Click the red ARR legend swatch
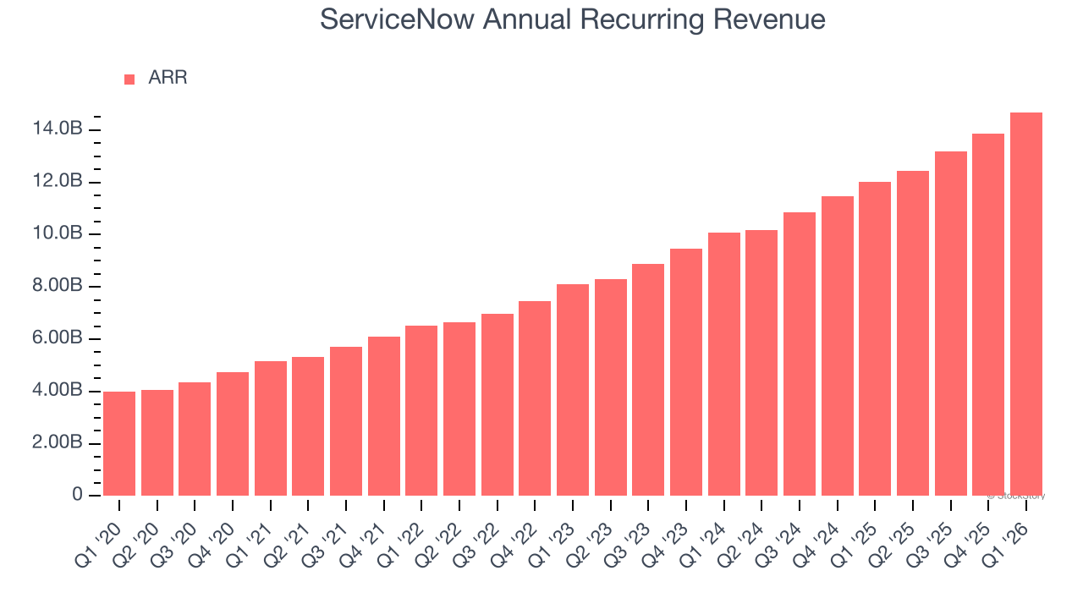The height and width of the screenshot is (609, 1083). click(129, 79)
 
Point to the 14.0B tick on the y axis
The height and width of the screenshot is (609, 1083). click(58, 129)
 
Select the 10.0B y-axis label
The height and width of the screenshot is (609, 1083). click(58, 234)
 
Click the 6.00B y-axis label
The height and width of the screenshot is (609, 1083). click(58, 338)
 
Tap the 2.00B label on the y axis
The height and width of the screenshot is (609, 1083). click(58, 443)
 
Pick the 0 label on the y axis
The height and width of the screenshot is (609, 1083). click(77, 495)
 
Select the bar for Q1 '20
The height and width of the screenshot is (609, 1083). click(119, 443)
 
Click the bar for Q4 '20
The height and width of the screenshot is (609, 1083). click(233, 434)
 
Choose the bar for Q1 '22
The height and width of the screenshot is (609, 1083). click(421, 410)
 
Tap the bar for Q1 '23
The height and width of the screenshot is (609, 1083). click(573, 390)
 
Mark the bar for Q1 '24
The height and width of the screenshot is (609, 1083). click(724, 364)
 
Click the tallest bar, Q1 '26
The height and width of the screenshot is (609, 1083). click(1026, 304)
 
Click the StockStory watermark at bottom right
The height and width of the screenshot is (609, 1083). click(1018, 496)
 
